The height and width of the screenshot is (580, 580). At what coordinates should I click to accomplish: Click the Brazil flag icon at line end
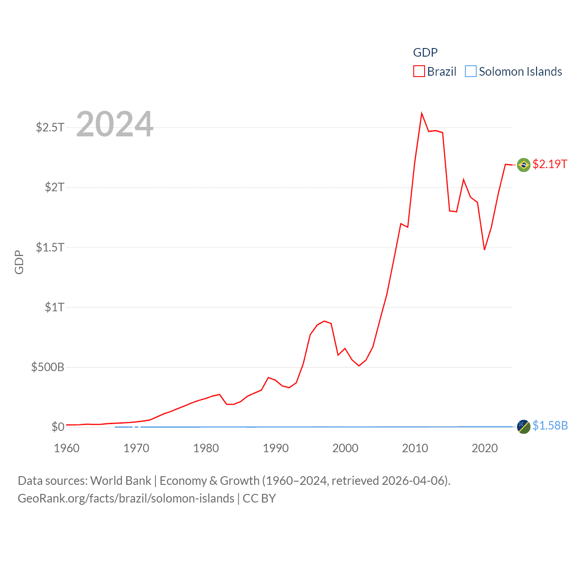[x=523, y=164]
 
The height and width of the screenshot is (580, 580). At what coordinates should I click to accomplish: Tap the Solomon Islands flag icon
[x=523, y=426]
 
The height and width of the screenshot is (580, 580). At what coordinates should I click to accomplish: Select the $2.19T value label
[x=550, y=164]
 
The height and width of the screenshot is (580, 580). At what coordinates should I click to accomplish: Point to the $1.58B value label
[x=550, y=425]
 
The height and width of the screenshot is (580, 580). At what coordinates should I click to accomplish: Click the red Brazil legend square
[x=419, y=72]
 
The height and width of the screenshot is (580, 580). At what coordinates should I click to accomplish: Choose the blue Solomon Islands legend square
[x=471, y=72]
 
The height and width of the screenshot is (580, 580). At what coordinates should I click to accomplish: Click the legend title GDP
[x=425, y=53]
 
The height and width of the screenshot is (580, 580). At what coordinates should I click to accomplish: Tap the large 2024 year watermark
[x=115, y=124]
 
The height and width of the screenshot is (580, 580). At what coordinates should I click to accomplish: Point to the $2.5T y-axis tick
[x=50, y=127]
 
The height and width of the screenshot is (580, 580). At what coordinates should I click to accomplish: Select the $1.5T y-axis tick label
[x=50, y=247]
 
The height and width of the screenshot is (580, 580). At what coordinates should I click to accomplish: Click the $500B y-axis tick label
[x=48, y=367]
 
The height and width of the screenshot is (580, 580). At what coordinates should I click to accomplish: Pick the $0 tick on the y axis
[x=58, y=427]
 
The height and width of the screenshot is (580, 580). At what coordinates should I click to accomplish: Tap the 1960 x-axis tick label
[x=67, y=449]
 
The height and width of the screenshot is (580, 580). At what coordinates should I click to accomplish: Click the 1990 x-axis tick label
[x=275, y=449]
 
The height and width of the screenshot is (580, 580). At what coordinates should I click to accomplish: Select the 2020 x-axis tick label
[x=484, y=449]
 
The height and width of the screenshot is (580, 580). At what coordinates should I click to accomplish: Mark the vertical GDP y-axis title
[x=19, y=262]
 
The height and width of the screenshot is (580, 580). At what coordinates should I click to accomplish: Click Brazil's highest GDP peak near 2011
[x=421, y=114]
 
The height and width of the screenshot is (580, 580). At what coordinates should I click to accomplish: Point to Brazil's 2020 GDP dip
[x=484, y=249]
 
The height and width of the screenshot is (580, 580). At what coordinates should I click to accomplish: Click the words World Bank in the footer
[x=121, y=481]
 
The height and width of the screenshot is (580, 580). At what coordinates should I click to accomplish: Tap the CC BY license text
[x=259, y=498]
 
